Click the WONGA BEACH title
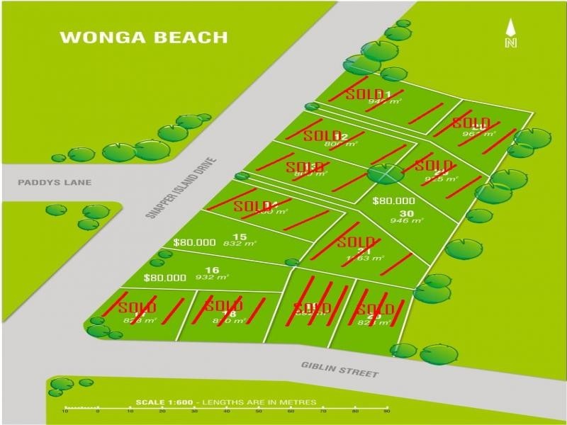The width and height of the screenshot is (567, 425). [x=144, y=38]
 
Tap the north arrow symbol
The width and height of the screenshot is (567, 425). [x=510, y=34]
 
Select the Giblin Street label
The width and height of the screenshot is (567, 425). [x=339, y=369]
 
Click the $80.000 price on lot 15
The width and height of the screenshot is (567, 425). [x=193, y=242]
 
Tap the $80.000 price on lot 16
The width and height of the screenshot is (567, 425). [x=164, y=278]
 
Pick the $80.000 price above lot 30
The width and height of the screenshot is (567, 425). [x=393, y=201]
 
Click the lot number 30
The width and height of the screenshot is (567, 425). [x=406, y=213]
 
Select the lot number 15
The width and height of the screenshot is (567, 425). [x=240, y=237]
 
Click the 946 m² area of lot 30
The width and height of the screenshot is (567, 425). [x=406, y=221]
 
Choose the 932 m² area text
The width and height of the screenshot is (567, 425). [x=212, y=278]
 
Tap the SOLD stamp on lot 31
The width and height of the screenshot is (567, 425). [x=356, y=242]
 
